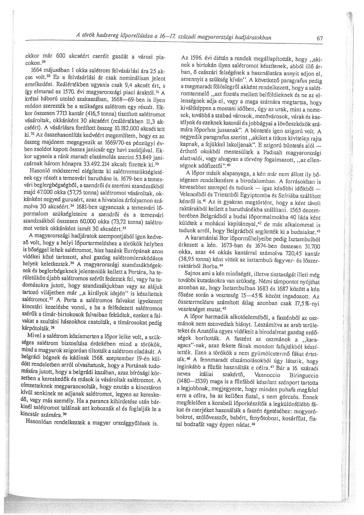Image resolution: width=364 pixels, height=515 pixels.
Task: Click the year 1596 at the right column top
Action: tap(191, 58)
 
